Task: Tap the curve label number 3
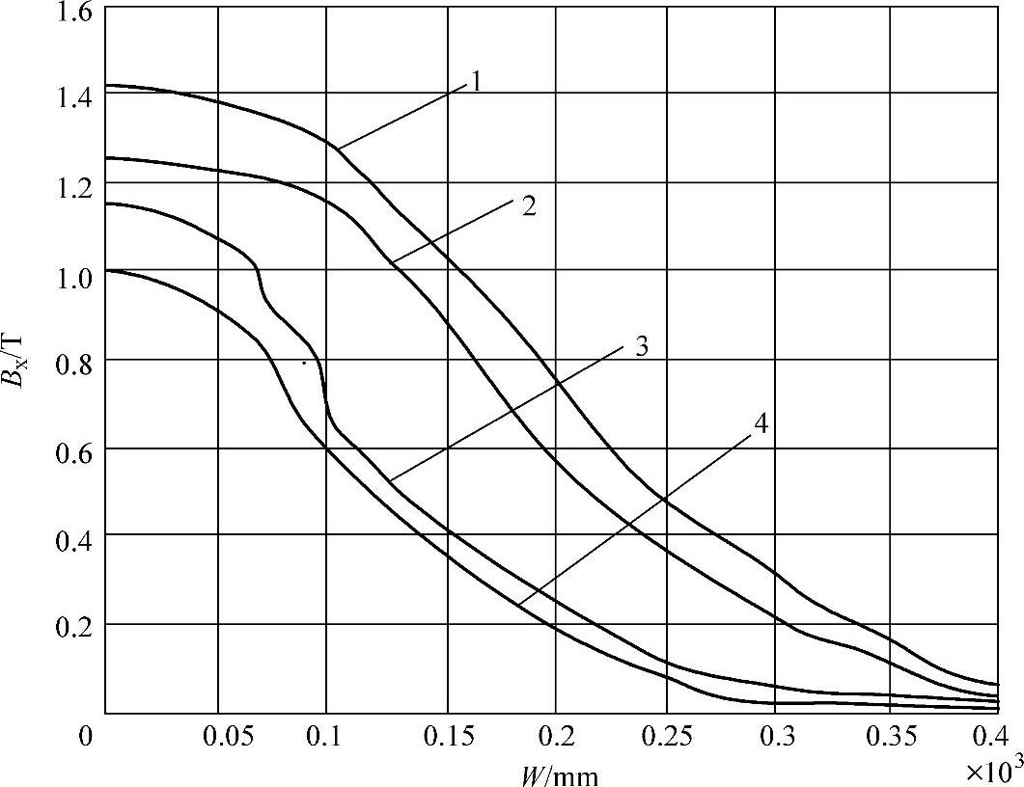(x=641, y=346)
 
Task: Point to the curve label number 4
(x=761, y=423)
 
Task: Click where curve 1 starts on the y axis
(x=105, y=86)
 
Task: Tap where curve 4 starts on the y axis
(x=105, y=271)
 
